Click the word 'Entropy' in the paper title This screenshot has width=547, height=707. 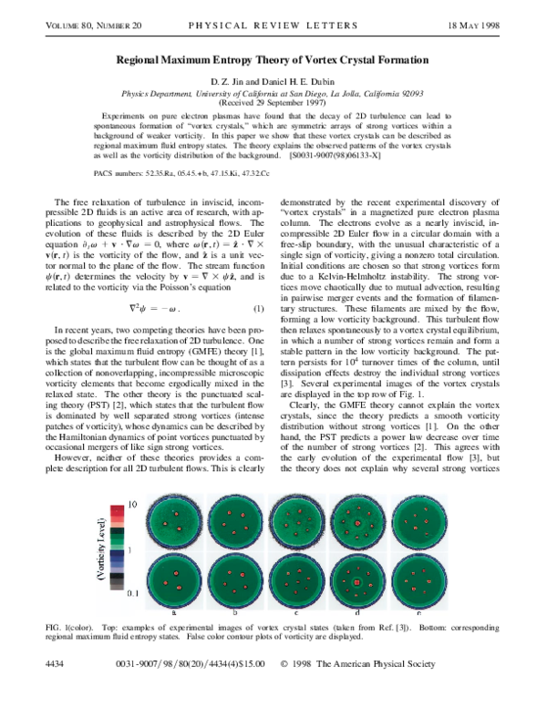pos(268,60)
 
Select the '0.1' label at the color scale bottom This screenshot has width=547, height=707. pos(132,593)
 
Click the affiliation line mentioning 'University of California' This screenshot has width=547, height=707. pos(273,93)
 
